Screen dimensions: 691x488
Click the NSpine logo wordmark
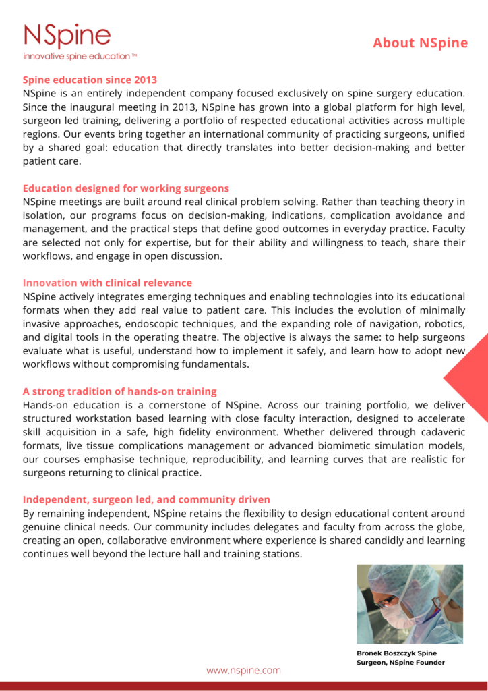[67, 35]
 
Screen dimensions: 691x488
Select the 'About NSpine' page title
[420, 43]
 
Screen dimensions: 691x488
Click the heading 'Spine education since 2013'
[90, 80]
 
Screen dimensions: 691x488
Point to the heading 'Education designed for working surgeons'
[126, 188]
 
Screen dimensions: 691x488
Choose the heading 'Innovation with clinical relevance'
[107, 283]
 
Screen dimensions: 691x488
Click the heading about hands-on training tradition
[120, 391]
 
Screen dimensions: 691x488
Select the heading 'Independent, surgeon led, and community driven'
[146, 500]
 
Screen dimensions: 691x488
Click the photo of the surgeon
[410, 604]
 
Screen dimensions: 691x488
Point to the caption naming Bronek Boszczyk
[400, 658]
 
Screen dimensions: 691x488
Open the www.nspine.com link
[243, 671]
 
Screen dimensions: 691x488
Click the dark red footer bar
[244, 686]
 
